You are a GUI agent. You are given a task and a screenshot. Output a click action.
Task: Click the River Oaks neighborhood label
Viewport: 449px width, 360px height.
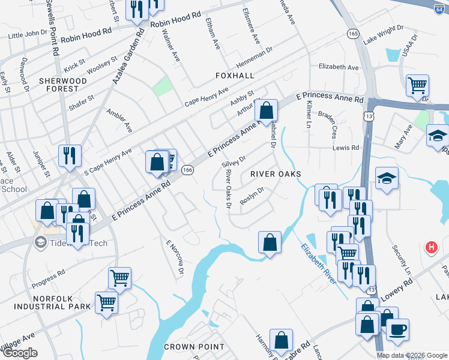coord(274,174)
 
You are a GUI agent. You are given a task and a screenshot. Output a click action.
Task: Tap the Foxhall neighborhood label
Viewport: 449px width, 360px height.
coord(236,76)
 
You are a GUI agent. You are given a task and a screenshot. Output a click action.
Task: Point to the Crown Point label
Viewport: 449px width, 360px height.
coord(194,347)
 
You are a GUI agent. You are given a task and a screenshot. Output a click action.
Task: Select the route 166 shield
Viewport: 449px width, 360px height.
coord(187,170)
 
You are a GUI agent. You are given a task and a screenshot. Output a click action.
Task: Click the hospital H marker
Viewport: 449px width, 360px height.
coord(430,247)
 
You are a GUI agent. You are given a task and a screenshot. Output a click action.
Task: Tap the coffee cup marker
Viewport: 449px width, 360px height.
coord(397,329)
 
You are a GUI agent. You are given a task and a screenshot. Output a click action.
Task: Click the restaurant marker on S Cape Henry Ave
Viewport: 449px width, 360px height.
coord(70,155)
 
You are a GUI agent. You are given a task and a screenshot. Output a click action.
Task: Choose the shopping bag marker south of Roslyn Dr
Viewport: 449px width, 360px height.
coord(270,242)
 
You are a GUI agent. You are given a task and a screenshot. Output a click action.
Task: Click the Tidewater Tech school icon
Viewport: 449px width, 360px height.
coord(41,243)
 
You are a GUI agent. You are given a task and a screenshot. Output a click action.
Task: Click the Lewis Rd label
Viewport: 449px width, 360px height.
coord(346,147)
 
